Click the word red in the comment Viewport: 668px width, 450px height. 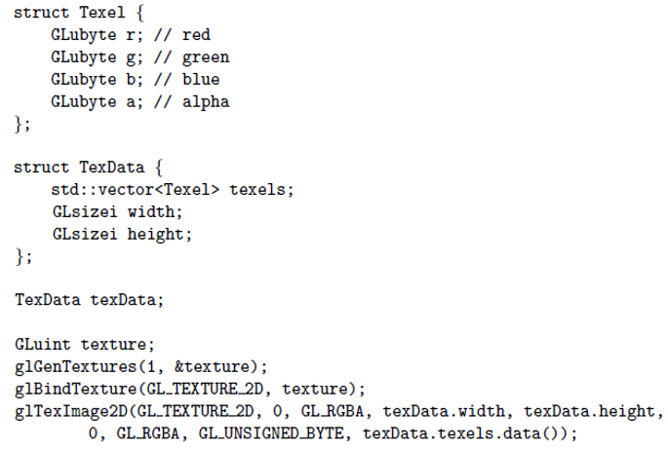(196, 35)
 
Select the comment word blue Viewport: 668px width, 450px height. (201, 79)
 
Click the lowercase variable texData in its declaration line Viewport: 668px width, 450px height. (125, 300)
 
